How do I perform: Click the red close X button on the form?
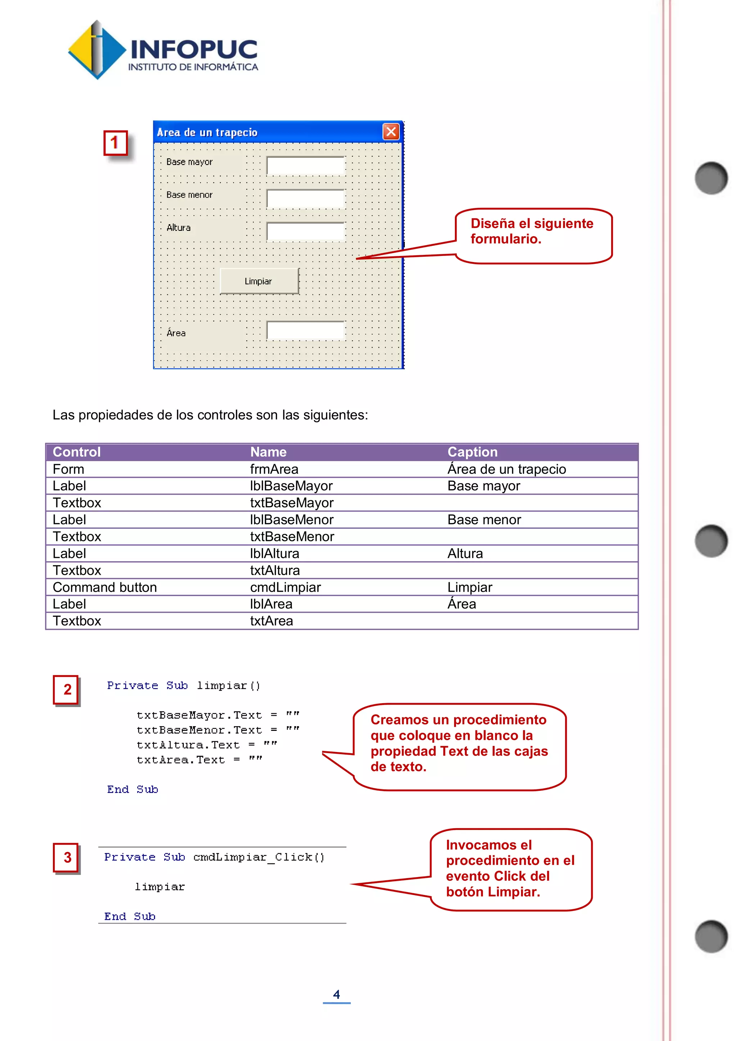coord(391,132)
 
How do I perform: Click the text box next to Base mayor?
coord(306,165)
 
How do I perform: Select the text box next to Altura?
coord(306,231)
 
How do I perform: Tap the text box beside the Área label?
coord(306,331)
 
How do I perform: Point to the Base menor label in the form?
coord(189,195)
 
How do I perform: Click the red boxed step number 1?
coord(115,143)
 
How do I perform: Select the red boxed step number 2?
coord(66,689)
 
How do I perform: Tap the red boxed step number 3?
coord(66,857)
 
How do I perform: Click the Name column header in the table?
coord(268,452)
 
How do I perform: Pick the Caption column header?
coord(473,452)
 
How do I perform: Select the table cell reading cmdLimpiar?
coord(285,587)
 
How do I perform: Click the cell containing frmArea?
coord(274,469)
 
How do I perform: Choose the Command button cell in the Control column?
coord(105,587)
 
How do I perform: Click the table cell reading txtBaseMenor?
coord(292,537)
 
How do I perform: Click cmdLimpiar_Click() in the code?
coord(259,857)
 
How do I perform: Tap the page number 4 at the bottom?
coord(336,994)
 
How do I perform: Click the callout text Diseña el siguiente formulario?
coord(532,231)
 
